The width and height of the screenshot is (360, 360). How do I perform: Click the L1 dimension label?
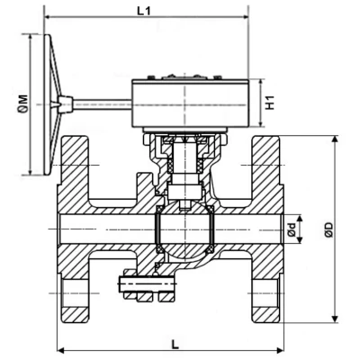click(144, 11)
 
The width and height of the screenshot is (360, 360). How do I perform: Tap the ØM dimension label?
click(23, 104)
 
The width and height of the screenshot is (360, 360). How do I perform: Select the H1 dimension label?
click(270, 103)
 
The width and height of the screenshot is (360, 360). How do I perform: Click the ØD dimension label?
click(329, 229)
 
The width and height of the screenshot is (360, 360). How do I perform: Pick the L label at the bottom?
click(175, 344)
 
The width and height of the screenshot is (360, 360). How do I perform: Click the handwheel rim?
click(47, 104)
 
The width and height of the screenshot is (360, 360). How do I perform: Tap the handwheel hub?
click(66, 104)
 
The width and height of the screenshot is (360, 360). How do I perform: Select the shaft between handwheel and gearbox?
click(103, 104)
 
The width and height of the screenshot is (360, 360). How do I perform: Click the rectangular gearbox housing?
click(191, 103)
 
